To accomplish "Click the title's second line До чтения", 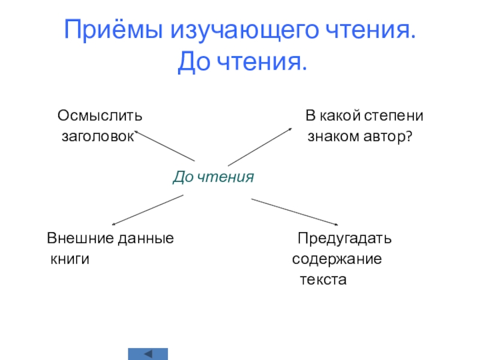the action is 242,62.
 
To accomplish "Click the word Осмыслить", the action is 100,114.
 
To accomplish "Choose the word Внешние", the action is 74,238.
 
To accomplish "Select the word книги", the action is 70,260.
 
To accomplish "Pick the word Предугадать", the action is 345,238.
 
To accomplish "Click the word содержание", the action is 337,260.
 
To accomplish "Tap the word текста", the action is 323,280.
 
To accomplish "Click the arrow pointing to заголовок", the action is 164,145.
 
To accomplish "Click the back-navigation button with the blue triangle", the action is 148,353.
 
